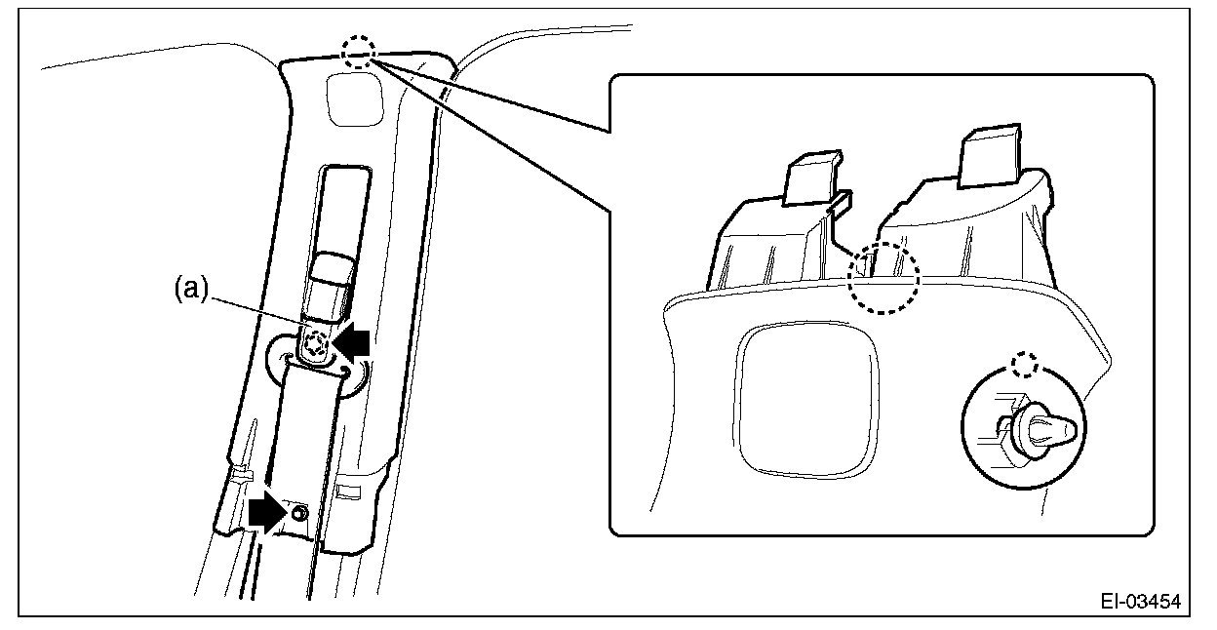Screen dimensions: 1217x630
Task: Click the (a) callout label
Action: click(x=191, y=288)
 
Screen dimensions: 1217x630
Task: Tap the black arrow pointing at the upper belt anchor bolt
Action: click(x=352, y=340)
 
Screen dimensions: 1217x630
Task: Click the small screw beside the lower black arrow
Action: click(x=298, y=512)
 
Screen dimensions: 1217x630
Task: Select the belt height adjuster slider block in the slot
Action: click(x=327, y=288)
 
